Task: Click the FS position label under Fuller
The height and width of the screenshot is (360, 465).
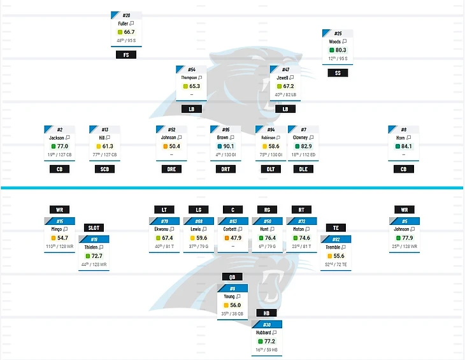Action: tap(126, 55)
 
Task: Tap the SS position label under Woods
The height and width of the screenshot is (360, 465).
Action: tap(338, 73)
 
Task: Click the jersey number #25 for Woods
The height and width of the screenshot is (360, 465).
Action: tap(338, 33)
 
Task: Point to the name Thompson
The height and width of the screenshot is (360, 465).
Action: tap(189, 78)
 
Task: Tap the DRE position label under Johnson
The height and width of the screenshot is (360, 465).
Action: tap(174, 169)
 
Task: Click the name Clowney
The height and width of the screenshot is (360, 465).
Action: tap(300, 138)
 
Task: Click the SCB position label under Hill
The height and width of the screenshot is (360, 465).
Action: tap(104, 169)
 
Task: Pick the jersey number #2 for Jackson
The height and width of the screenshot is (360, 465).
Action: tap(59, 129)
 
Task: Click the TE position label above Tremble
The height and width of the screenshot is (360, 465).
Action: tap(336, 227)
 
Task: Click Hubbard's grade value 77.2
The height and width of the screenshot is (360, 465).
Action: tap(269, 342)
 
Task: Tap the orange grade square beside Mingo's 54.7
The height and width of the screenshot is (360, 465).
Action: tap(54, 238)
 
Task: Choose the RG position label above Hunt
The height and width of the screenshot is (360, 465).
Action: tap(267, 210)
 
